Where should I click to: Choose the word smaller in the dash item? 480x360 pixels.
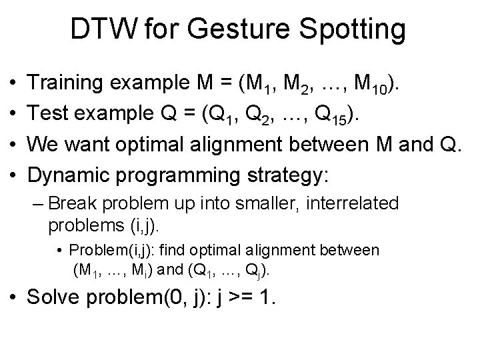249,203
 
